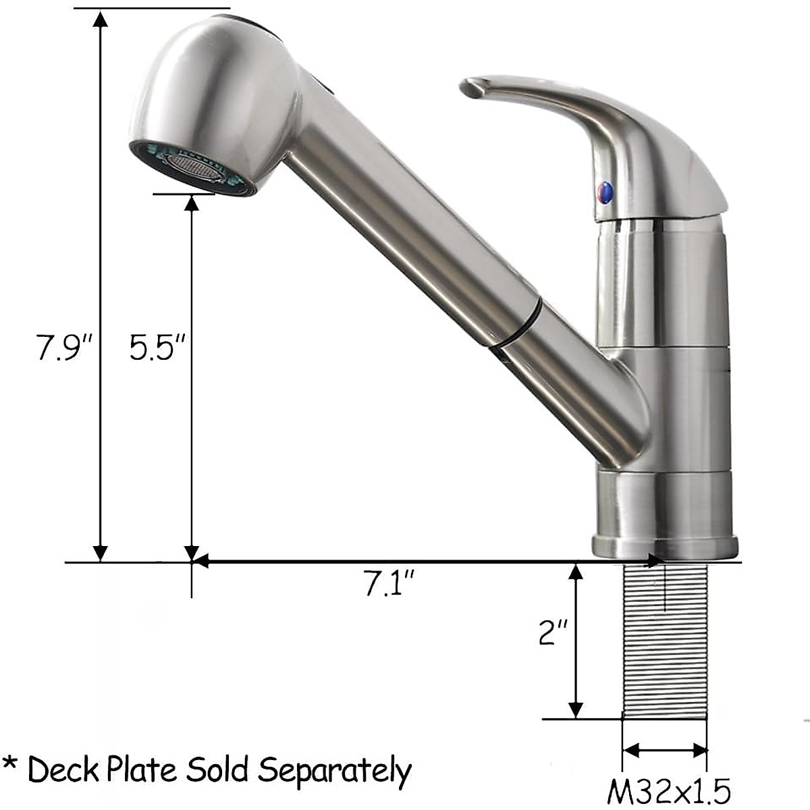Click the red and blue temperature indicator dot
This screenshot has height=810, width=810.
pos(604,193)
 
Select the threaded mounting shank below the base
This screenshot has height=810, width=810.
pos(664,641)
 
